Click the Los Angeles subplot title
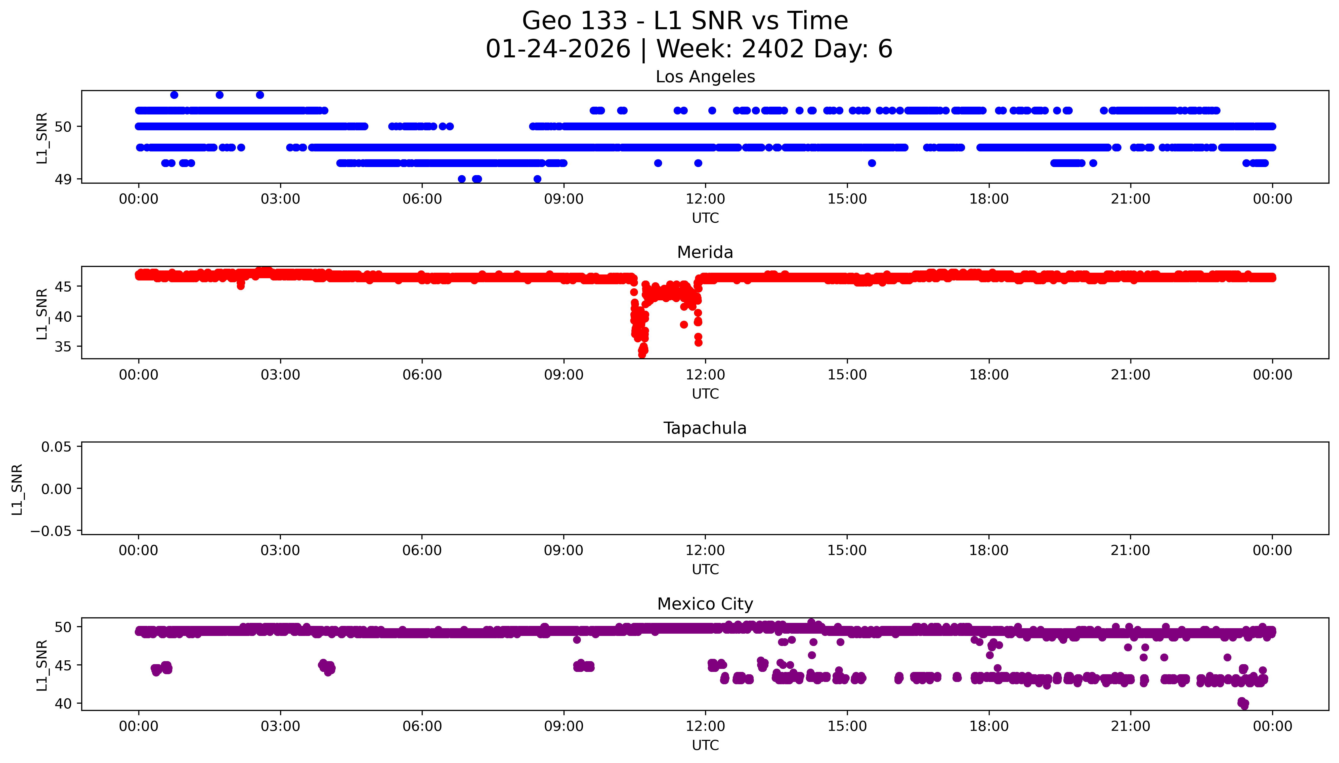pos(705,77)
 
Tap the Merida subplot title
pos(705,253)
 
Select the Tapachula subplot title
pos(705,428)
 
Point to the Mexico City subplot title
pos(705,604)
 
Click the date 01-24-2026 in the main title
pos(558,49)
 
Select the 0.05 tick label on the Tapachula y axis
pos(57,447)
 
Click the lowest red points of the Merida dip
pos(642,354)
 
